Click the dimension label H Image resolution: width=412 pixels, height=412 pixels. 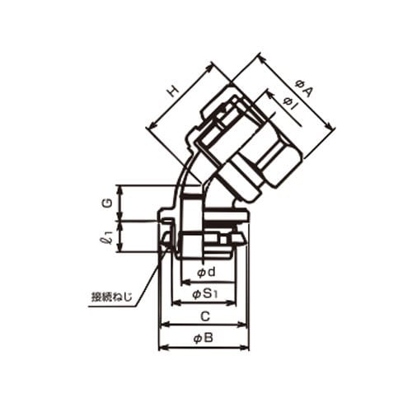(173, 91)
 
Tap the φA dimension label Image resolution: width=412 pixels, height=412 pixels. (304, 88)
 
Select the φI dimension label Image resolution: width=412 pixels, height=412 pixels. (292, 105)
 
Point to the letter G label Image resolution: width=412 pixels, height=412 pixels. (109, 203)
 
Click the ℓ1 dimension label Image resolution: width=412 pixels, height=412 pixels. (107, 237)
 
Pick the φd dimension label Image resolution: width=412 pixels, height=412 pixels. (206, 272)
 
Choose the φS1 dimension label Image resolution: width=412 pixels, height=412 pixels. (205, 294)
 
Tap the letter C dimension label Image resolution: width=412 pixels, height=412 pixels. (205, 316)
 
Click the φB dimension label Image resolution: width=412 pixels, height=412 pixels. (204, 338)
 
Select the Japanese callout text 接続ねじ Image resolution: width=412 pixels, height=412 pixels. (112, 297)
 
